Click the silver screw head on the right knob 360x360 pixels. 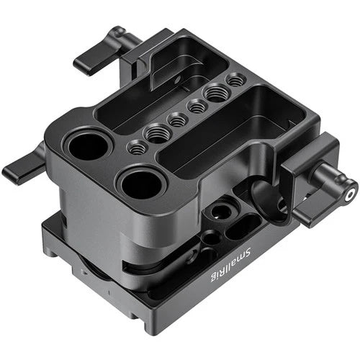(350, 193)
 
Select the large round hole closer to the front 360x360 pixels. (141, 185)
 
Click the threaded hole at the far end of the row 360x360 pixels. (235, 81)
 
